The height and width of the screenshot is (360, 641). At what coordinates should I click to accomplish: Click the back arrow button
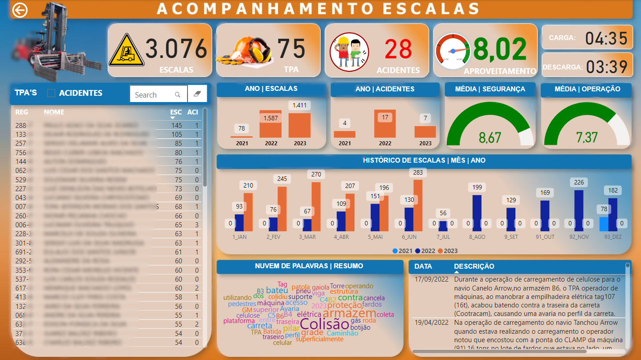click(x=20, y=10)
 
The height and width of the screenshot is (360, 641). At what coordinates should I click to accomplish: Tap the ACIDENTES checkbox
click(x=51, y=93)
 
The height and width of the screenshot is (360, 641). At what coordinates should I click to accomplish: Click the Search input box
click(x=154, y=94)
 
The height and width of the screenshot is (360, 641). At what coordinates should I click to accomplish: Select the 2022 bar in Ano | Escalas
click(x=270, y=124)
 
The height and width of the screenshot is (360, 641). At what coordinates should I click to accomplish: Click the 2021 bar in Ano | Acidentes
click(x=344, y=134)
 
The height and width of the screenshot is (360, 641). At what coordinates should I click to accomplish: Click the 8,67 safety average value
click(x=490, y=137)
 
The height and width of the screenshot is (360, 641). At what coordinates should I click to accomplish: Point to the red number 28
click(x=398, y=49)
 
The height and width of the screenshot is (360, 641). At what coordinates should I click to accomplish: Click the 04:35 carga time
click(x=606, y=39)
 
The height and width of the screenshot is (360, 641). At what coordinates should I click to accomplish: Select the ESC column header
click(x=176, y=112)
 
